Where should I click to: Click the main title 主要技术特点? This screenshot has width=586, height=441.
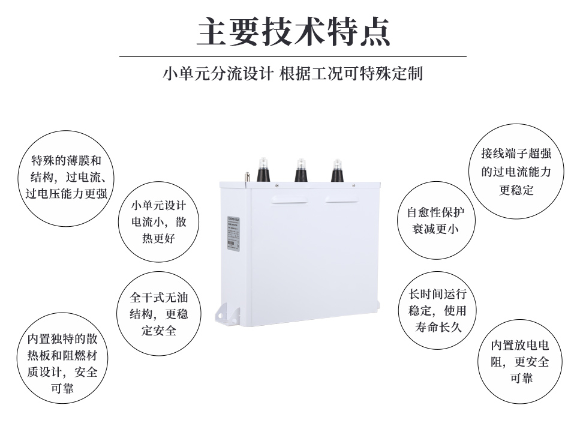(293, 31)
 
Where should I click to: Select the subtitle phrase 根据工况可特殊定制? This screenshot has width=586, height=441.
(351, 74)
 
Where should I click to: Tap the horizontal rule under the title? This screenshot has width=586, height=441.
(293, 56)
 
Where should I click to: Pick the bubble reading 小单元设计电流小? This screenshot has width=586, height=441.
(159, 222)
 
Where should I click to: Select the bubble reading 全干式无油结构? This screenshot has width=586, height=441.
(159, 313)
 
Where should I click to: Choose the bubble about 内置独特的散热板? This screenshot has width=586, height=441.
(62, 363)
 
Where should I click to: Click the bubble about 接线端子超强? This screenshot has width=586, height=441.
(516, 172)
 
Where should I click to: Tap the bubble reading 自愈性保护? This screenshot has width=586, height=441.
(435, 221)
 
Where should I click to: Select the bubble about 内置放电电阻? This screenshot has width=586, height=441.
(520, 362)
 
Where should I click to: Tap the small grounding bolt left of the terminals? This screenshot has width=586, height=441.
(246, 178)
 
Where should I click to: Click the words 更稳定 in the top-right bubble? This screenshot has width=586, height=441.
(516, 190)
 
